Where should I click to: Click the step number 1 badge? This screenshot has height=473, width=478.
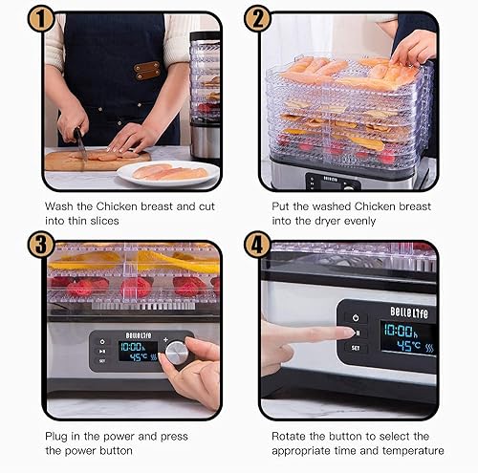click(x=41, y=19)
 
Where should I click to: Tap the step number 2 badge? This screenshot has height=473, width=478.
click(x=257, y=19)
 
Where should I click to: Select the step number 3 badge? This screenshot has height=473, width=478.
click(x=41, y=245)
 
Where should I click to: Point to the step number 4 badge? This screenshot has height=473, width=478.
click(x=257, y=245)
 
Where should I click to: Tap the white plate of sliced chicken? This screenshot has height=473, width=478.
click(x=168, y=173)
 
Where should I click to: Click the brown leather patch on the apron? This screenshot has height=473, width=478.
click(x=147, y=71)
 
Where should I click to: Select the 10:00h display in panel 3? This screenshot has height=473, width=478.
click(x=131, y=347)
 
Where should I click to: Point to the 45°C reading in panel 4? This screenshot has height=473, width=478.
click(x=409, y=345)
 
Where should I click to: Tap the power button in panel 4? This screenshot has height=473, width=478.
click(x=356, y=318)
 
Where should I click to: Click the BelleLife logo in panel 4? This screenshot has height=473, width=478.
click(x=409, y=312)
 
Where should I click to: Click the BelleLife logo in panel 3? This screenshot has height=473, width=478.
click(x=139, y=335)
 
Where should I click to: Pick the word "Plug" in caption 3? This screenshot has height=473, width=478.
click(x=56, y=437)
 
